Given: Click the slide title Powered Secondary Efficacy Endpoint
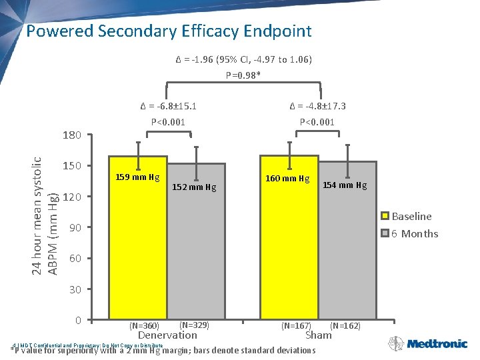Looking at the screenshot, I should click(169, 31).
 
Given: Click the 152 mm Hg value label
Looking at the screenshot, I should click(194, 187).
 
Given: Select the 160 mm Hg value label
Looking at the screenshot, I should click(288, 178).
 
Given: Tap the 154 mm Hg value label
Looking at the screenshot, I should click(345, 185).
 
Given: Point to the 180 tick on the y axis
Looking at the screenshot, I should click(71, 135).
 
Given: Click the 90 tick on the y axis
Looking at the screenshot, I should click(75, 228).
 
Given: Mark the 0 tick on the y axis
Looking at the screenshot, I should click(78, 321).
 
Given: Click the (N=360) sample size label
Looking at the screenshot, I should click(144, 325).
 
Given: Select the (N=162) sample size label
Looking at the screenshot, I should click(345, 325).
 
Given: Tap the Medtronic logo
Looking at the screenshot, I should click(437, 344).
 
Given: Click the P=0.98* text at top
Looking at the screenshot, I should click(239, 75).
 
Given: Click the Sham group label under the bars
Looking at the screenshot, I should click(318, 335).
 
